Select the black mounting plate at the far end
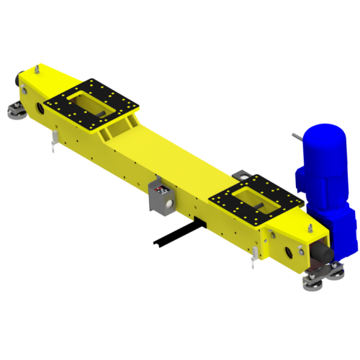pos(91,104)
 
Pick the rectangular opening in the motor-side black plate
pos(253,197)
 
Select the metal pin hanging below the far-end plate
pos(55,144)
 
